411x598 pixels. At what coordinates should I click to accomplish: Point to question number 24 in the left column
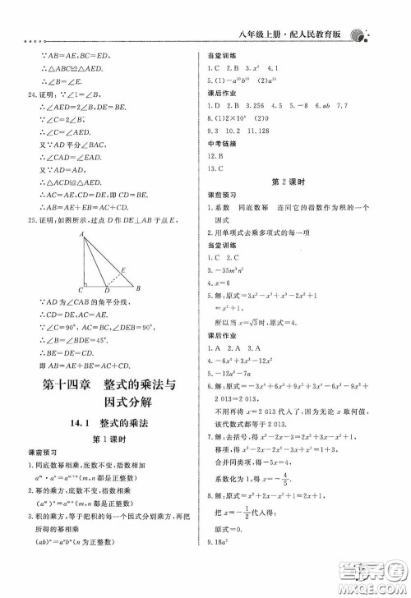(31, 95)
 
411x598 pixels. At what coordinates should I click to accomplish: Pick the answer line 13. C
(218, 168)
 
